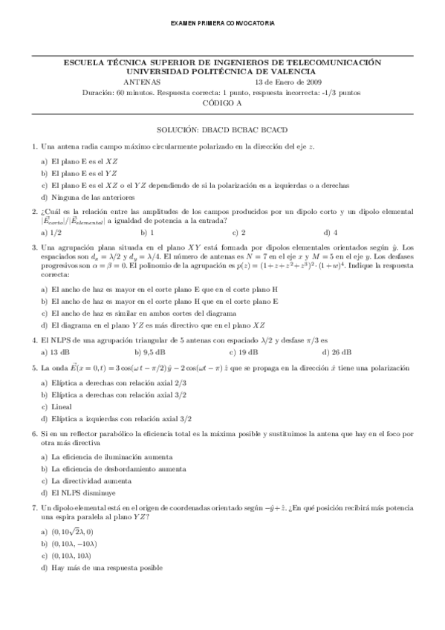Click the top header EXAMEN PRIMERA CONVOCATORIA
(x=222, y=24)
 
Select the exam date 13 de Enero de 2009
(x=288, y=82)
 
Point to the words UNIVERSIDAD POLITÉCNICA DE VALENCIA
(x=223, y=73)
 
